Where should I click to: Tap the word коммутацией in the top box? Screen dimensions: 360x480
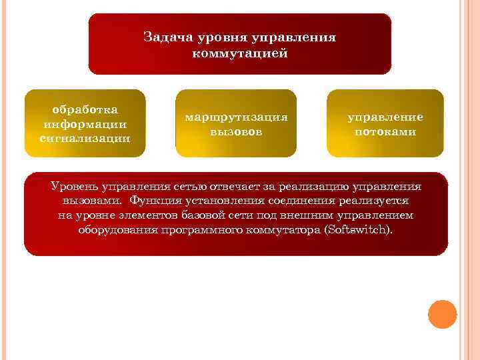[240, 54]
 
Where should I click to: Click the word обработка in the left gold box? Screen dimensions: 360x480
[85, 109]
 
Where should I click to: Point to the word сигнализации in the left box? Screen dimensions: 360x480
[85, 139]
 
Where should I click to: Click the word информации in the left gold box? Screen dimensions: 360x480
[85, 124]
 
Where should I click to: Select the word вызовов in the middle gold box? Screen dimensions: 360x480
[237, 131]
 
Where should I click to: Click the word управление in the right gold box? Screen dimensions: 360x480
[385, 117]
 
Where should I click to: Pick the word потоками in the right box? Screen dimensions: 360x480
[385, 131]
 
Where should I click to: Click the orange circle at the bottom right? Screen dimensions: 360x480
[441, 314]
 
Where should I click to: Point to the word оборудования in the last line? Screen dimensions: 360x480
[117, 230]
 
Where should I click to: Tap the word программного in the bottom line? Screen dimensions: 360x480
[199, 230]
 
